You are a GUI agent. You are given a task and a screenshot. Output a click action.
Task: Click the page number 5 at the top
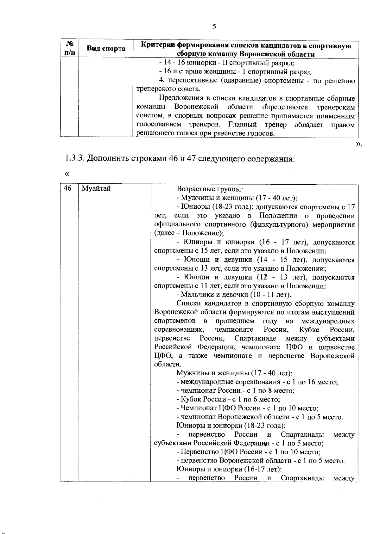click(x=214, y=27)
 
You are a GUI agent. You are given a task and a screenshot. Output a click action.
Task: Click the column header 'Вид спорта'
click(x=106, y=48)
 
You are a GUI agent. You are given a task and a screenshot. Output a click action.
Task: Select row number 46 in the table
click(x=67, y=189)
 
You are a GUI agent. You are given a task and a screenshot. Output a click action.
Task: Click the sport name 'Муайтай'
click(x=96, y=189)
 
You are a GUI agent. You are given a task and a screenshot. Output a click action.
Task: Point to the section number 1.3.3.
click(x=75, y=158)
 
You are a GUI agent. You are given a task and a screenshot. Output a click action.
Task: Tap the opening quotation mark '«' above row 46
click(x=66, y=174)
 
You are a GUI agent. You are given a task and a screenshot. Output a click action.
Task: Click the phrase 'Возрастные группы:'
click(x=210, y=189)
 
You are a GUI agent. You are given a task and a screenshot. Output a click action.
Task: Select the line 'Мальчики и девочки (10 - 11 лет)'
click(x=234, y=295)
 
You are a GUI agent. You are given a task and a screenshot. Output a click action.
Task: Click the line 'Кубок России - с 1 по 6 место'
click(x=228, y=399)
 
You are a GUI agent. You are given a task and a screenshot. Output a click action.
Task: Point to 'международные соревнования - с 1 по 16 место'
click(x=257, y=382)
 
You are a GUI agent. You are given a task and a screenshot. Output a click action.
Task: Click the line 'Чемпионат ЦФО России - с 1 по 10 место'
click(x=247, y=408)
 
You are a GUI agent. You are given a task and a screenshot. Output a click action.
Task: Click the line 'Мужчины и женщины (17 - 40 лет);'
click(x=237, y=198)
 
